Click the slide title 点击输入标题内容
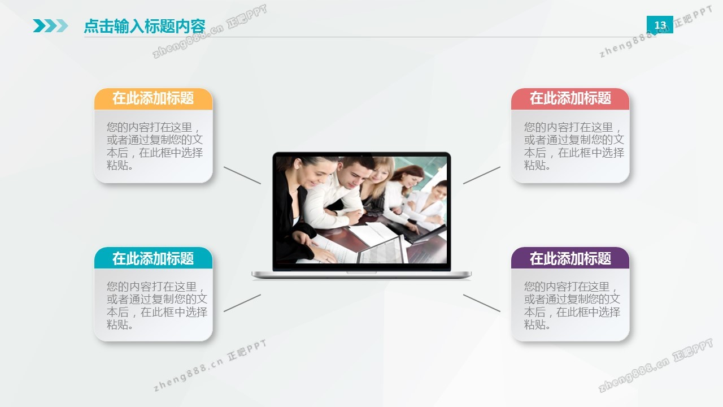click(145, 26)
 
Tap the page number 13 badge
click(660, 25)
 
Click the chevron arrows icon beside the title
click(50, 26)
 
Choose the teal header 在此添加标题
click(153, 258)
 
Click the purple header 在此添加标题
click(570, 258)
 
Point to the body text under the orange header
click(155, 146)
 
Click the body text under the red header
click(574, 146)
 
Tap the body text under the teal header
click(157, 305)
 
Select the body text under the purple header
click(572, 305)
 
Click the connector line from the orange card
click(242, 175)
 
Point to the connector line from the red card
click(482, 175)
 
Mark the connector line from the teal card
click(242, 303)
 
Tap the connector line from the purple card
click(482, 303)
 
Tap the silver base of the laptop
click(361, 275)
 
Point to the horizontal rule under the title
click(370, 37)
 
